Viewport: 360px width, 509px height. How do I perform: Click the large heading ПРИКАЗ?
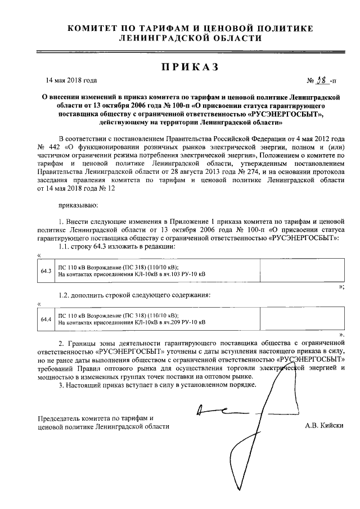188,67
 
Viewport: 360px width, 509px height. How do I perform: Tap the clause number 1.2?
65,295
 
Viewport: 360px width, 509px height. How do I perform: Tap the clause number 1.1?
65,246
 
